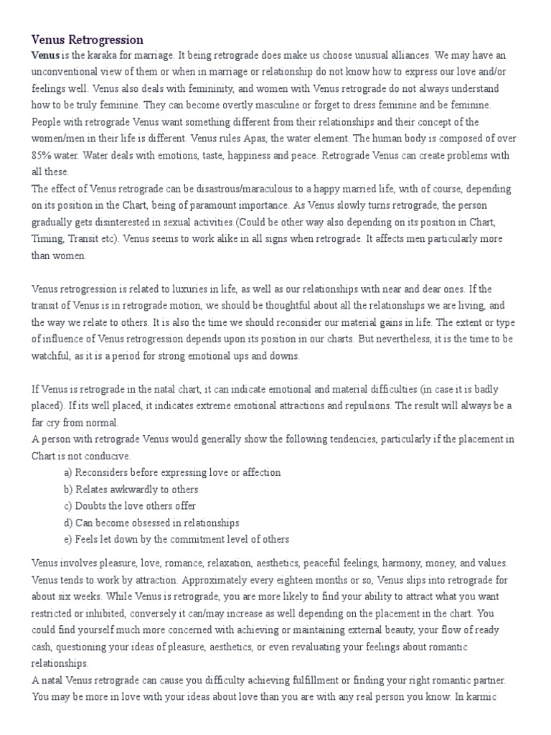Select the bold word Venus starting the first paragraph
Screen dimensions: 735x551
[45, 55]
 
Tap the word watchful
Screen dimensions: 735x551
[52, 355]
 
